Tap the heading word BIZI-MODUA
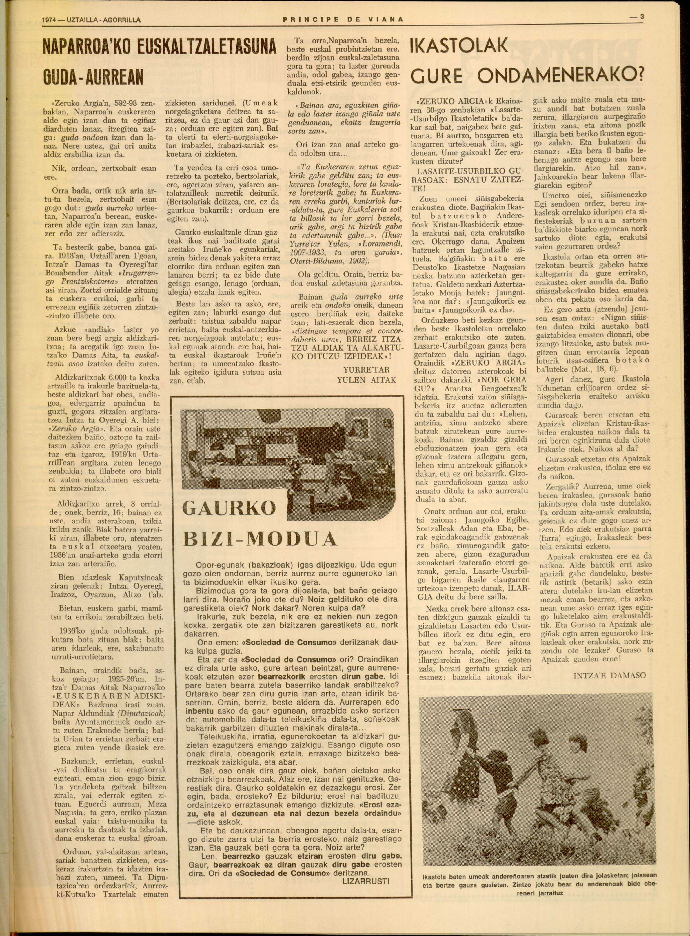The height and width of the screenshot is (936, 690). (x=260, y=539)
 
